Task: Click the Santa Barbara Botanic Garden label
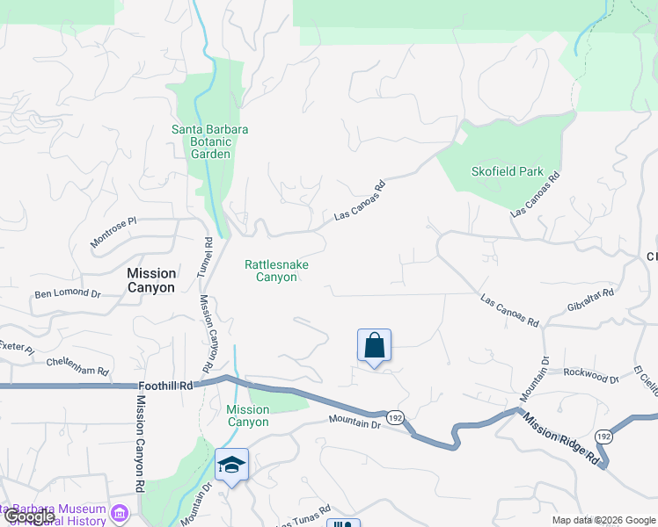point(209,141)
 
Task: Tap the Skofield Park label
point(508,172)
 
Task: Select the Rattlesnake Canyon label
point(276,271)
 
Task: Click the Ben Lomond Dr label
point(68,292)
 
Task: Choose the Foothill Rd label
point(165,386)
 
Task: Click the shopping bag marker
point(374,346)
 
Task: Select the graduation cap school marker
point(231,465)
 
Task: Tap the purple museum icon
point(120,512)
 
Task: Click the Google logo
point(28,517)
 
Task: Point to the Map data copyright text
point(603,520)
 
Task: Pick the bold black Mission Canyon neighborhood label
point(151,280)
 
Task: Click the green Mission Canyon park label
point(247,415)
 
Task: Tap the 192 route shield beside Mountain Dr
point(396,418)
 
